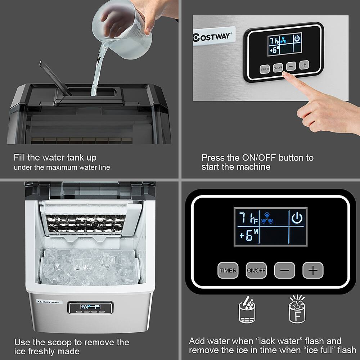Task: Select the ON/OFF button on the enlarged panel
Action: pyautogui.click(x=256, y=270)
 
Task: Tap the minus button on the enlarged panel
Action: pyautogui.click(x=284, y=270)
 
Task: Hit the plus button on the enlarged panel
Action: pyautogui.click(x=313, y=270)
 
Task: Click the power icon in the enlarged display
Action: pyautogui.click(x=297, y=218)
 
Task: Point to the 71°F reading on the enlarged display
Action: pyautogui.click(x=248, y=218)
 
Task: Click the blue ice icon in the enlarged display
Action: pyautogui.click(x=269, y=217)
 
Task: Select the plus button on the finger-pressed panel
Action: pyautogui.click(x=304, y=65)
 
